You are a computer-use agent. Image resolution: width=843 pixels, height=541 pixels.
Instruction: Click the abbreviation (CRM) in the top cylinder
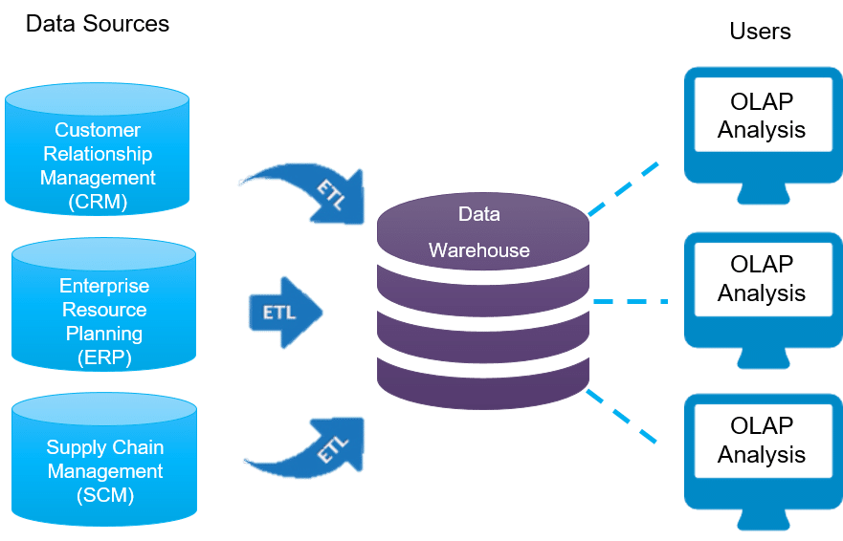pyautogui.click(x=98, y=202)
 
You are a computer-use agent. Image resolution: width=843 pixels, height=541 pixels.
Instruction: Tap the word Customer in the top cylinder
pyautogui.click(x=98, y=130)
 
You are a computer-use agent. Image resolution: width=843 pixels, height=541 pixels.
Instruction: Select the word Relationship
pyautogui.click(x=98, y=154)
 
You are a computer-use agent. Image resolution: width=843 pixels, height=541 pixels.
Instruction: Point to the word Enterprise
pyautogui.click(x=104, y=286)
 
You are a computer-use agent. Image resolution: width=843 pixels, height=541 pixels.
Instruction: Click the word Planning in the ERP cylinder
pyautogui.click(x=104, y=334)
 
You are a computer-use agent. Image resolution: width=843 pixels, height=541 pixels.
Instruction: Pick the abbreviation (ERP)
pyautogui.click(x=104, y=357)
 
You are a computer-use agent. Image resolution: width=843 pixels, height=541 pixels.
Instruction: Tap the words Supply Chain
pyautogui.click(x=105, y=447)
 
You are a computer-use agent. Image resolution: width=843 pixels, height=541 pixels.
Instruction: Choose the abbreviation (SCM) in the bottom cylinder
pyautogui.click(x=105, y=495)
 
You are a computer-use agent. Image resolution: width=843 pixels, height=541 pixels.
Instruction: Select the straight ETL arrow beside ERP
pyautogui.click(x=284, y=313)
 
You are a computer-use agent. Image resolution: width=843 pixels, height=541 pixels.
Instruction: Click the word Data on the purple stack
pyautogui.click(x=478, y=214)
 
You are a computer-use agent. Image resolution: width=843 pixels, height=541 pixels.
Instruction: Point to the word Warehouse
pyautogui.click(x=478, y=250)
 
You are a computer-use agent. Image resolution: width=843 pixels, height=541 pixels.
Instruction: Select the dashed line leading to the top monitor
pyautogui.click(x=624, y=188)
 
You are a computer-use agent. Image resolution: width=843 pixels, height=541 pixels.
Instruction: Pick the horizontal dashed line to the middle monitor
pyautogui.click(x=630, y=301)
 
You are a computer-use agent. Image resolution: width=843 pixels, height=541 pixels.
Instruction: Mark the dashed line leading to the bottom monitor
pyautogui.click(x=623, y=415)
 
